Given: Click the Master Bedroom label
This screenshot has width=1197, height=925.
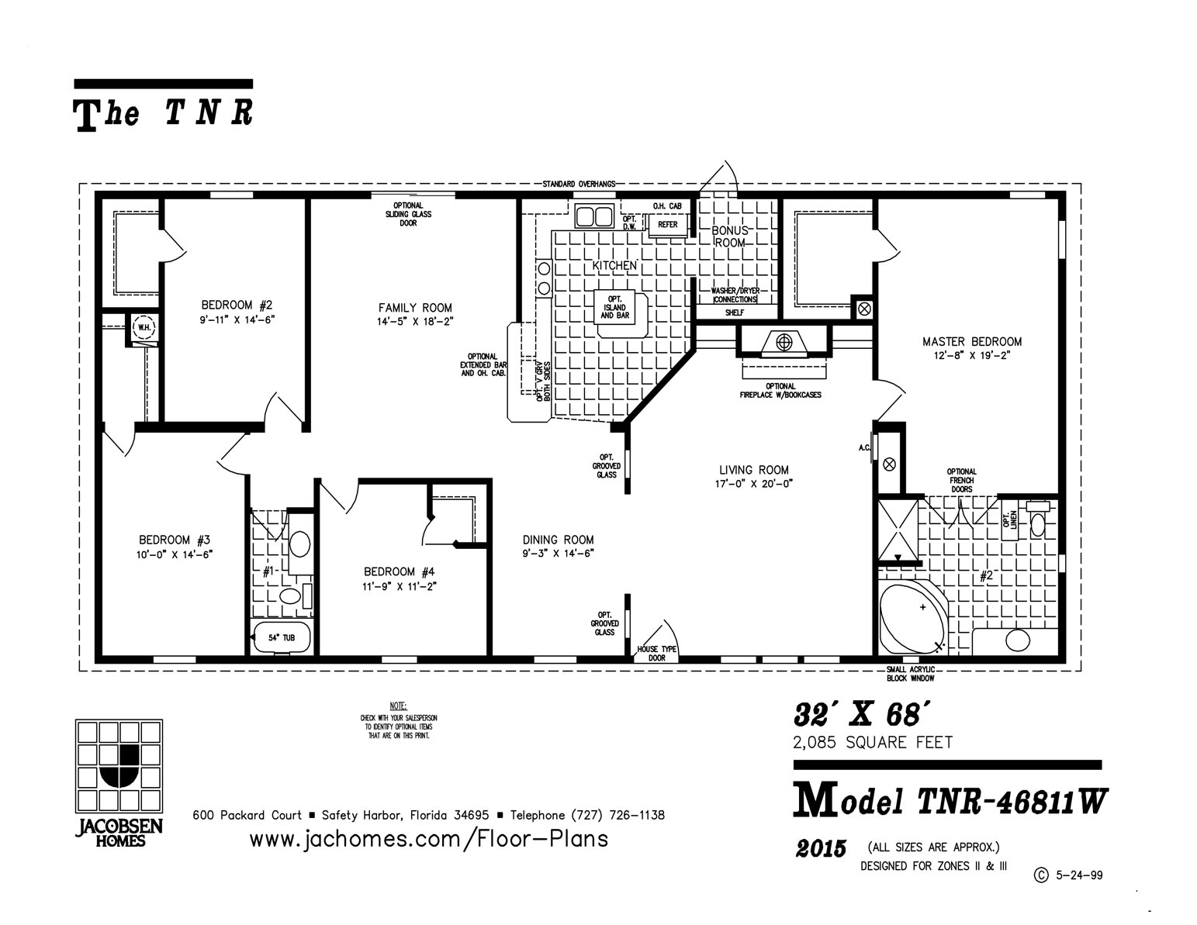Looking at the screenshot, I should click(x=971, y=341).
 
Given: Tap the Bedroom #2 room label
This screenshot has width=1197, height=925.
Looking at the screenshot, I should click(x=237, y=305).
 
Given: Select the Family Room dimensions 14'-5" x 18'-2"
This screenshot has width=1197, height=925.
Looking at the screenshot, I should click(x=414, y=320).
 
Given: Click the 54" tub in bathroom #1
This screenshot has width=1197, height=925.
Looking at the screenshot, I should click(x=282, y=637).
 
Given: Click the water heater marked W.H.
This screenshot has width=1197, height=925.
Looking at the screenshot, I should click(x=144, y=326).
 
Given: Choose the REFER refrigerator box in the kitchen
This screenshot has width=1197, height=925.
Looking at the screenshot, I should click(x=667, y=225).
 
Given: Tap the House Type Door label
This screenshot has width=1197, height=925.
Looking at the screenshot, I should click(x=656, y=653).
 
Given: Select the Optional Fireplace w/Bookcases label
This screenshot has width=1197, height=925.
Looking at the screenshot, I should click(x=780, y=390).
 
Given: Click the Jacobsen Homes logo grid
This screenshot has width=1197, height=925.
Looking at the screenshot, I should click(x=119, y=765).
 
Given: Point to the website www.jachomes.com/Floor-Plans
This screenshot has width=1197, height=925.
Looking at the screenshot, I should click(x=428, y=838).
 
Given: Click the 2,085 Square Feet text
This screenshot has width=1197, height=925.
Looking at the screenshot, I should click(x=873, y=742).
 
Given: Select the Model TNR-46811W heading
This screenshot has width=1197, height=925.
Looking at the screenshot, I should click(x=950, y=802).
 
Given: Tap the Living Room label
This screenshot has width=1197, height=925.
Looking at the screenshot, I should click(x=753, y=470).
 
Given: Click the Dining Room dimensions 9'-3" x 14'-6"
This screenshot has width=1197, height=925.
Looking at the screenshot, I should click(x=558, y=554).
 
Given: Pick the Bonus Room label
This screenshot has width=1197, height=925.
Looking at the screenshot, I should click(x=730, y=236).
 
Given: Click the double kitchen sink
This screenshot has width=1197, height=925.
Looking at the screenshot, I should click(x=595, y=215).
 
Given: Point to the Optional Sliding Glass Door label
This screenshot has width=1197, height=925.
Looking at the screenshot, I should click(x=408, y=214).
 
